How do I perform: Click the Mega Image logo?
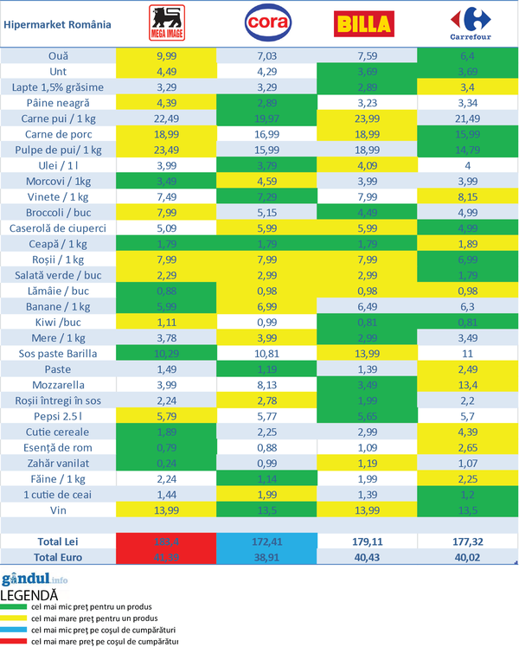tap(166, 23)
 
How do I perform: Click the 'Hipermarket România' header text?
tap(57, 23)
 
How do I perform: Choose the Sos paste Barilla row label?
tap(59, 354)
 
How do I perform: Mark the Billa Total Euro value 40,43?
tap(368, 556)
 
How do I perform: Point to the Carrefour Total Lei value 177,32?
tap(468, 541)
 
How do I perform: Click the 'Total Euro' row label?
tap(59, 556)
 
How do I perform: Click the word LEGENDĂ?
tap(29, 595)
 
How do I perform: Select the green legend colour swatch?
tap(14, 608)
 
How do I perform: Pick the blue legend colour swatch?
tap(14, 631)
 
